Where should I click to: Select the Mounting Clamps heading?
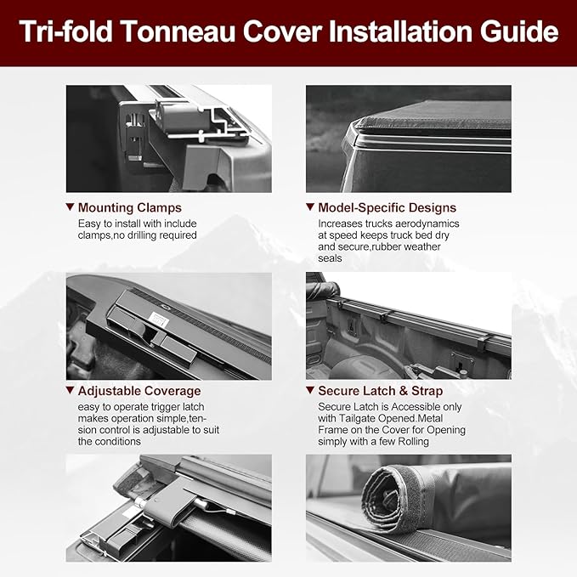click(x=129, y=207)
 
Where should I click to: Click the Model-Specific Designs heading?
click(x=387, y=207)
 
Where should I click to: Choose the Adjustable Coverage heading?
click(x=139, y=391)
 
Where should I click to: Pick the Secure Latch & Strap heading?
click(x=380, y=391)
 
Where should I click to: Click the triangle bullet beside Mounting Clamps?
click(x=70, y=207)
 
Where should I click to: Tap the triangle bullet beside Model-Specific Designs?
click(x=310, y=207)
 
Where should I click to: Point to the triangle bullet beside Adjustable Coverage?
click(x=70, y=391)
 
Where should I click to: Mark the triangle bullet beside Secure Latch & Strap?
click(x=310, y=391)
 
